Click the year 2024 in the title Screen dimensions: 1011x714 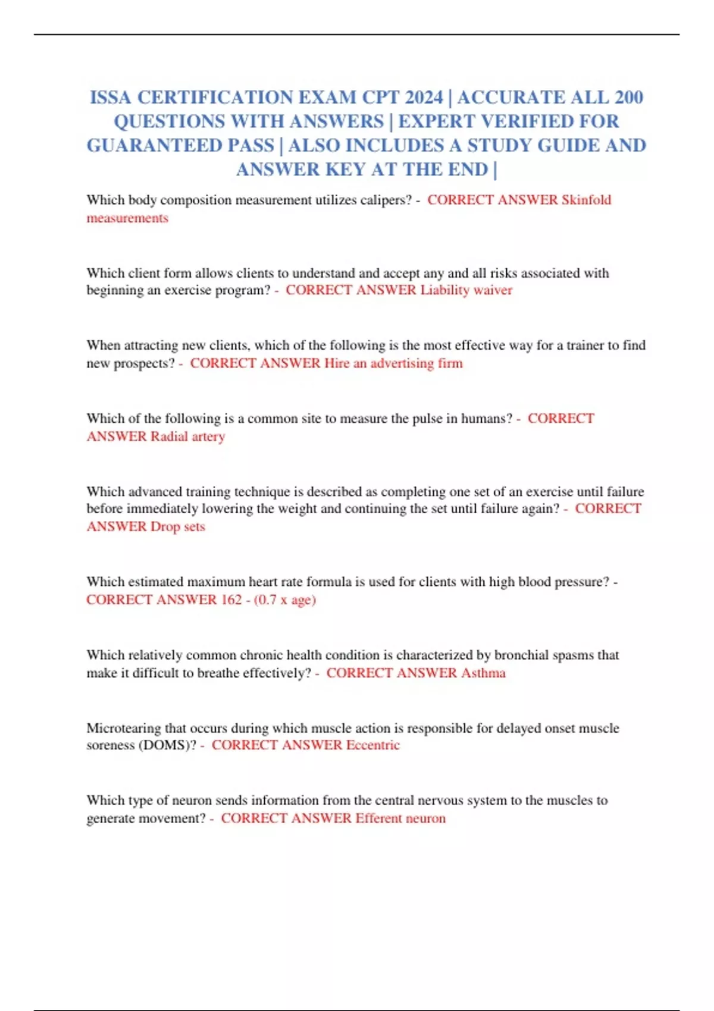(424, 98)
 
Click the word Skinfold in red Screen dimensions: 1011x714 (586, 200)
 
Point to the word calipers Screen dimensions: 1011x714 (386, 200)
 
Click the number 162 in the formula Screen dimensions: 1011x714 (231, 599)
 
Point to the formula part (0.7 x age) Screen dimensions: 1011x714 (284, 599)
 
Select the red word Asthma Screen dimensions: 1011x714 (483, 673)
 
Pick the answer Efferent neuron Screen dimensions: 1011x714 (400, 818)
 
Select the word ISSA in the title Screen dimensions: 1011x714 (111, 98)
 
